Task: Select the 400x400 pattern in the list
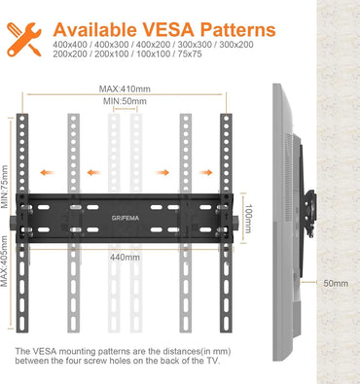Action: click(x=71, y=44)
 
